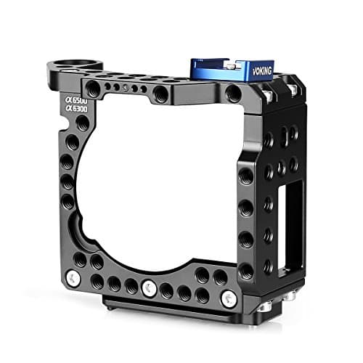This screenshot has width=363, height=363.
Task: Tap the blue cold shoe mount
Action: click(242, 70)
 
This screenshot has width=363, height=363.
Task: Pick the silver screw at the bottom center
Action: click(149, 285)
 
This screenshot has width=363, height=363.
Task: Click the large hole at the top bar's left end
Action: click(93, 88)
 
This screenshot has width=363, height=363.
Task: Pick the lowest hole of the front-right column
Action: click(246, 271)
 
